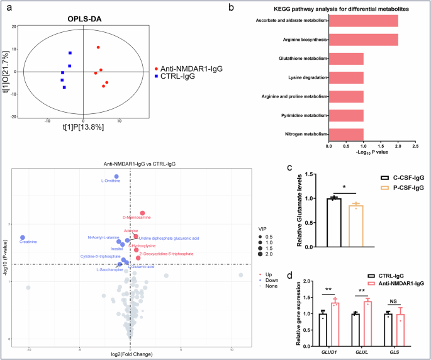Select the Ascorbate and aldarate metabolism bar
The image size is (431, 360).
pos(363,21)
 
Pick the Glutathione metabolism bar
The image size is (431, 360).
pos(345,59)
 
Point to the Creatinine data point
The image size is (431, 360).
pos(23,237)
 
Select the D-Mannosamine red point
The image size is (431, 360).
pos(143,213)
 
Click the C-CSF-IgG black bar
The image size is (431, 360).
pos(333,223)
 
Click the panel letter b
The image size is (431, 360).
pos(231,8)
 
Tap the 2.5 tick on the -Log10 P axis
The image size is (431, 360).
pos(415,147)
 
